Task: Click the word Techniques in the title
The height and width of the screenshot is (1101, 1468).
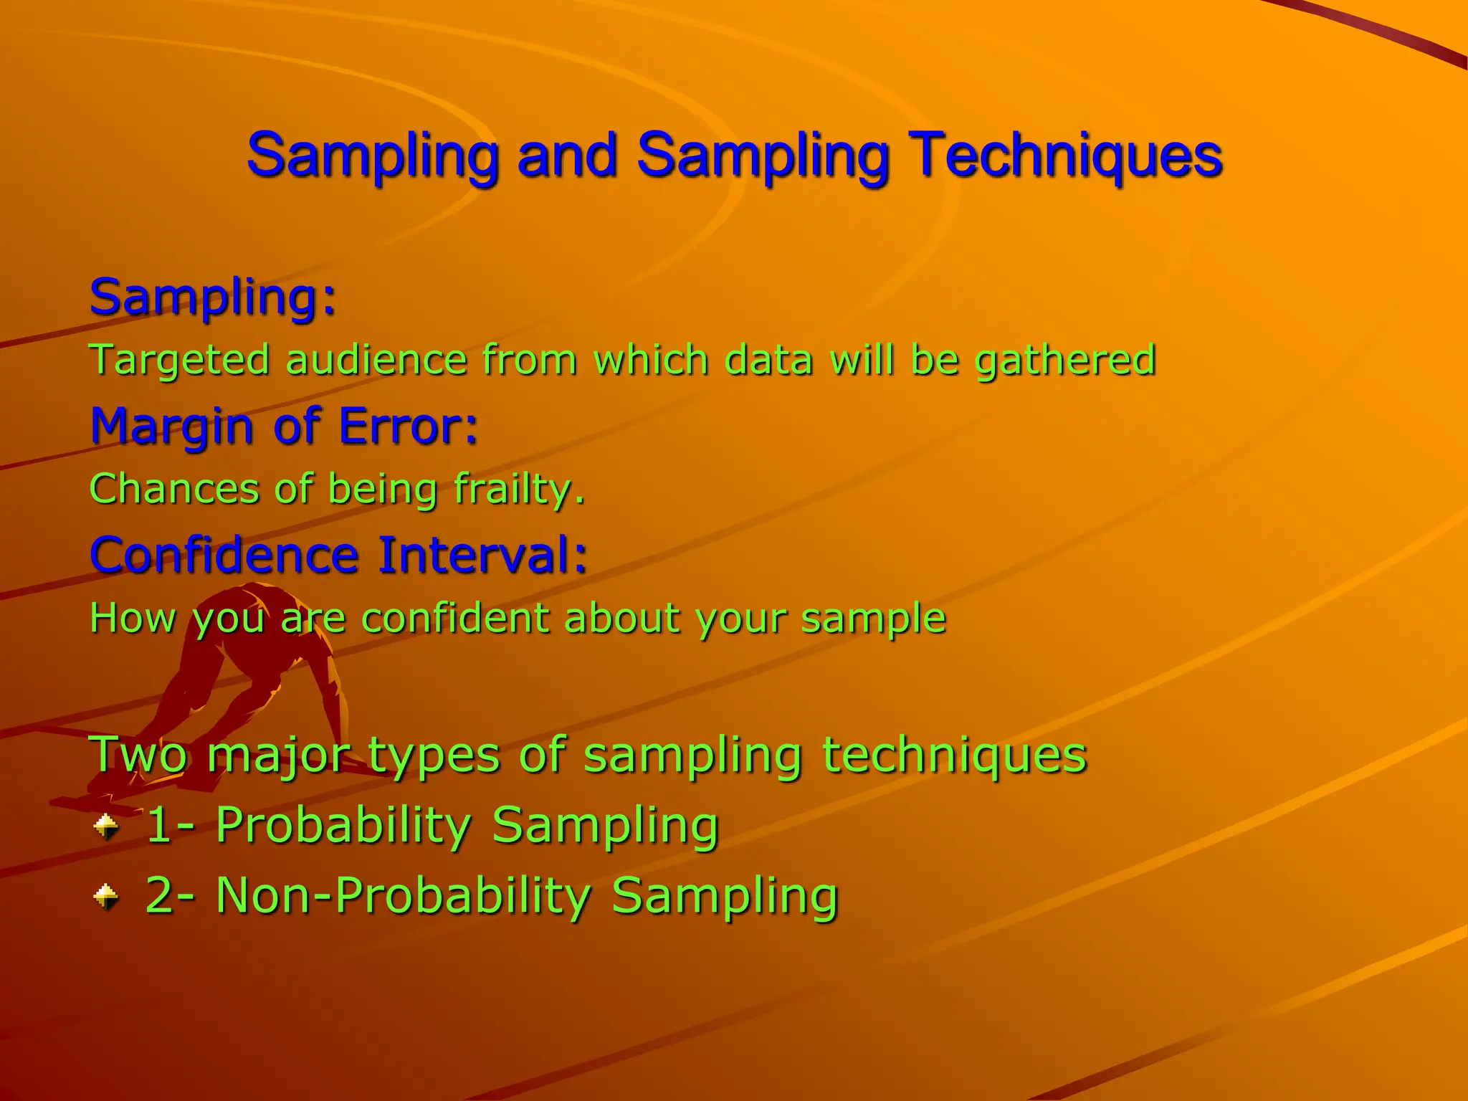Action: [x=1067, y=156]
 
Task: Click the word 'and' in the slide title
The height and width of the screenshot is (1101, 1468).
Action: [x=567, y=156]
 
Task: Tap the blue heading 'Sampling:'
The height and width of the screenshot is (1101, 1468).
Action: [x=213, y=297]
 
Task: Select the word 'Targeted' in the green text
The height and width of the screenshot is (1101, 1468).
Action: [x=179, y=360]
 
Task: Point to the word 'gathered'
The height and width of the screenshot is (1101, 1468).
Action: [x=1065, y=360]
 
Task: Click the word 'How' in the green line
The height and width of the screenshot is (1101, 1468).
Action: [x=132, y=618]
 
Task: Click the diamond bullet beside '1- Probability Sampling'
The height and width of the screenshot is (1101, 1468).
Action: [x=106, y=826]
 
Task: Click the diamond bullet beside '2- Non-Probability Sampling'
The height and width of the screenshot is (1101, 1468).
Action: [x=106, y=896]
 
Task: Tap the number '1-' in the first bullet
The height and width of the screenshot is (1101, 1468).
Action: [x=169, y=825]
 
